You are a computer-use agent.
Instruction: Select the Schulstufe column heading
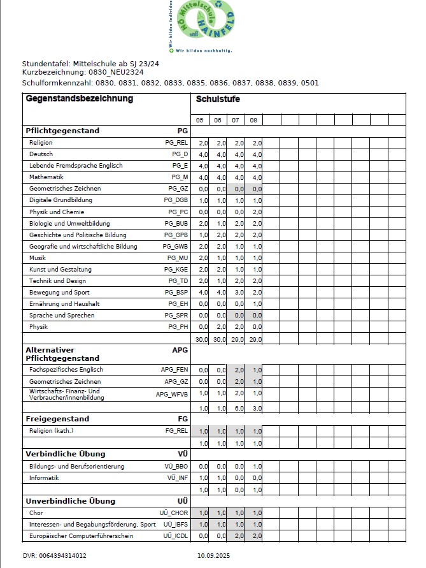point(218,99)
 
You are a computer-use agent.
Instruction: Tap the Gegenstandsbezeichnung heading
point(80,99)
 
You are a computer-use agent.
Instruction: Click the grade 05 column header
point(199,120)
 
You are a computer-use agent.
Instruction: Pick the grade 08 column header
point(253,120)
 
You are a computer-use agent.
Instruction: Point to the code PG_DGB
point(176,200)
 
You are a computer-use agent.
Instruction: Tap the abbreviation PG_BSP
point(176,293)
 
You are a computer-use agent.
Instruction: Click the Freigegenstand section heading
point(57,419)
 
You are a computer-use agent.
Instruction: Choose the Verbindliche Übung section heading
point(66,454)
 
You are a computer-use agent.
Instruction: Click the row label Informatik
point(45,477)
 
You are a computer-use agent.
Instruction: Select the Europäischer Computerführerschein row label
point(82,536)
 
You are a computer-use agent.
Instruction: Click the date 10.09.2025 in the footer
point(213,556)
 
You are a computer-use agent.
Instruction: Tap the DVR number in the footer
point(54,556)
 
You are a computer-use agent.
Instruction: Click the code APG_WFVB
point(172,395)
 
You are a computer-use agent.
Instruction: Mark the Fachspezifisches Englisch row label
point(66,370)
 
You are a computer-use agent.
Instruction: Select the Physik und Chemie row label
point(57,212)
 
